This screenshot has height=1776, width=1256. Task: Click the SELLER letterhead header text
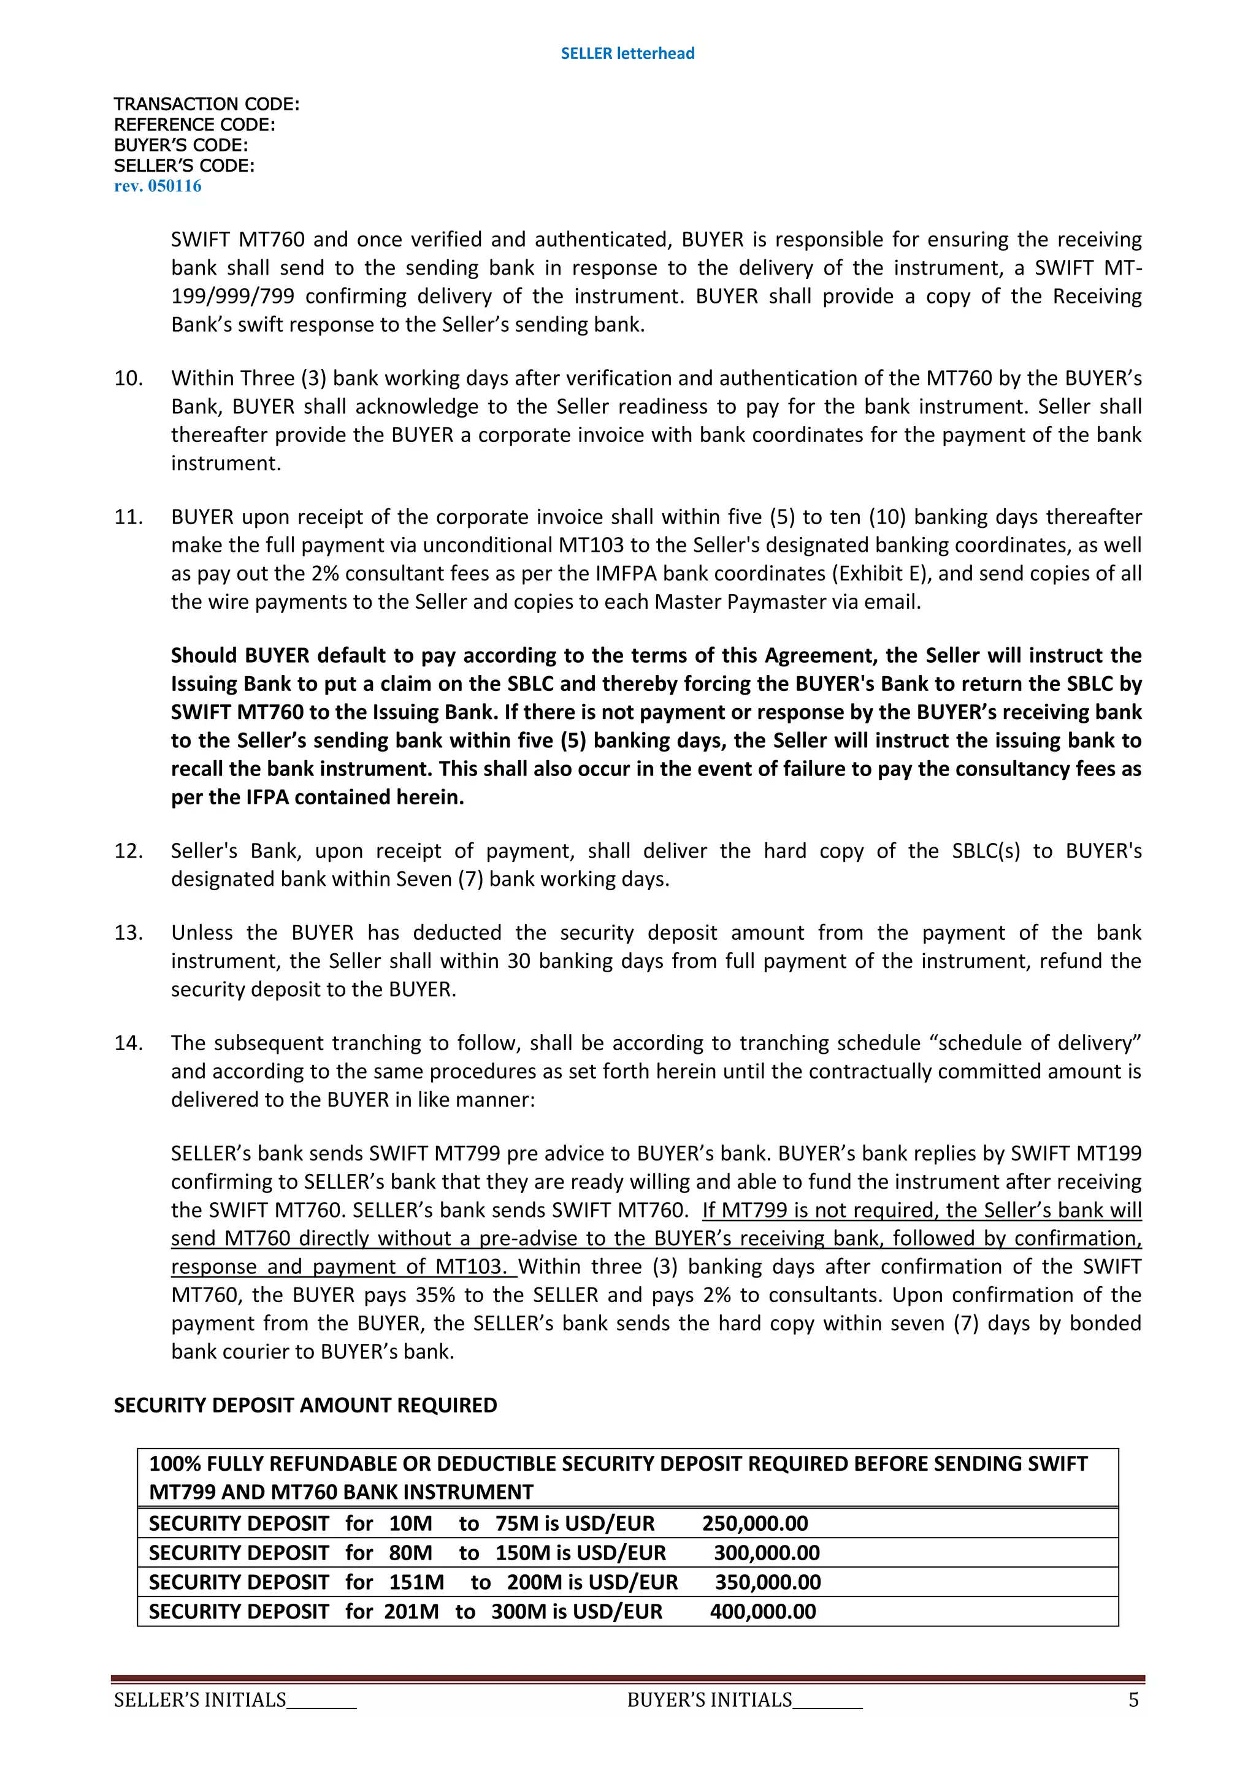point(627,53)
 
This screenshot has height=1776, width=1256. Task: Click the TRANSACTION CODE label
point(206,104)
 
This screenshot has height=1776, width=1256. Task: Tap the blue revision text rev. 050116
point(158,186)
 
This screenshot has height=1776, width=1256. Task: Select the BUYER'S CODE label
point(180,145)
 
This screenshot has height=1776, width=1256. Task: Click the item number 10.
point(128,378)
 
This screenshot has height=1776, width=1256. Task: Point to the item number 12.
point(128,851)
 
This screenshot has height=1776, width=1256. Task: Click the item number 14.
point(128,1043)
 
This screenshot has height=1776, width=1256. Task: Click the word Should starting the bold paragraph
point(204,655)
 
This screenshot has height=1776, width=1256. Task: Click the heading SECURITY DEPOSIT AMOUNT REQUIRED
point(305,1404)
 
